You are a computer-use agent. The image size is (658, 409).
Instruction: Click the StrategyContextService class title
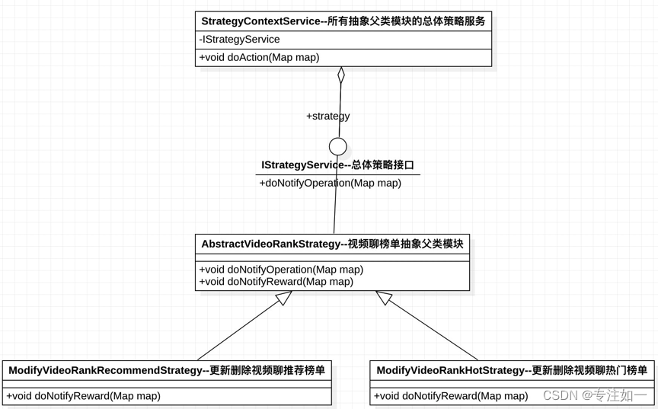343,21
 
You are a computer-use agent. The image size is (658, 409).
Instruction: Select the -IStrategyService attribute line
240,40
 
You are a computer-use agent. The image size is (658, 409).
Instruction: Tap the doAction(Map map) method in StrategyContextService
260,57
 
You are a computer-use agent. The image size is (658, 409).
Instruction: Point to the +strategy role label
327,116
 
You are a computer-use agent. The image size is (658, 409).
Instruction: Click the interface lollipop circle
338,146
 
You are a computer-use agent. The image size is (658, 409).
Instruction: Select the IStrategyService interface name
337,165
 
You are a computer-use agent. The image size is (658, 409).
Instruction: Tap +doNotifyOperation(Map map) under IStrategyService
330,183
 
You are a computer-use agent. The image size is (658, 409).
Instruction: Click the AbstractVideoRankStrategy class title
332,244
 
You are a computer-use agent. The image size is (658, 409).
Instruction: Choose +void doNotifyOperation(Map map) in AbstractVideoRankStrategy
281,270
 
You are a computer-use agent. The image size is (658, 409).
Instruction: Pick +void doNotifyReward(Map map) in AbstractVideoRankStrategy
276,282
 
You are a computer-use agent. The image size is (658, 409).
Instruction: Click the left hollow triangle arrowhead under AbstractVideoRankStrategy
284,298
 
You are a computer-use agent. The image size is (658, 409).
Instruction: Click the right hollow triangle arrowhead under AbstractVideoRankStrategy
383,298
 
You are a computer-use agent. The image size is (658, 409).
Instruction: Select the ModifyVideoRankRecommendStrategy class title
167,371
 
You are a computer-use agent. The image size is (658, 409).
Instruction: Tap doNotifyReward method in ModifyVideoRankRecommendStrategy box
84,395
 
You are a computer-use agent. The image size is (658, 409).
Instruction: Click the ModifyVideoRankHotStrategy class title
512,371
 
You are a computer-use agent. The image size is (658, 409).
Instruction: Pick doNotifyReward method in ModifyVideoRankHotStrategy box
451,395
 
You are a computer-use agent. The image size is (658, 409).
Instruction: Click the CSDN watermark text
594,395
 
